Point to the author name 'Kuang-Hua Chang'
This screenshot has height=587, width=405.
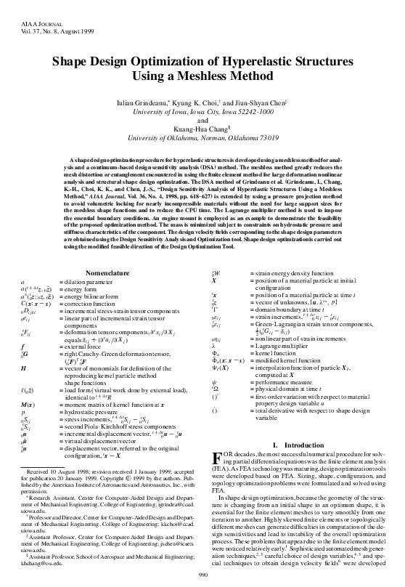tap(201, 128)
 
